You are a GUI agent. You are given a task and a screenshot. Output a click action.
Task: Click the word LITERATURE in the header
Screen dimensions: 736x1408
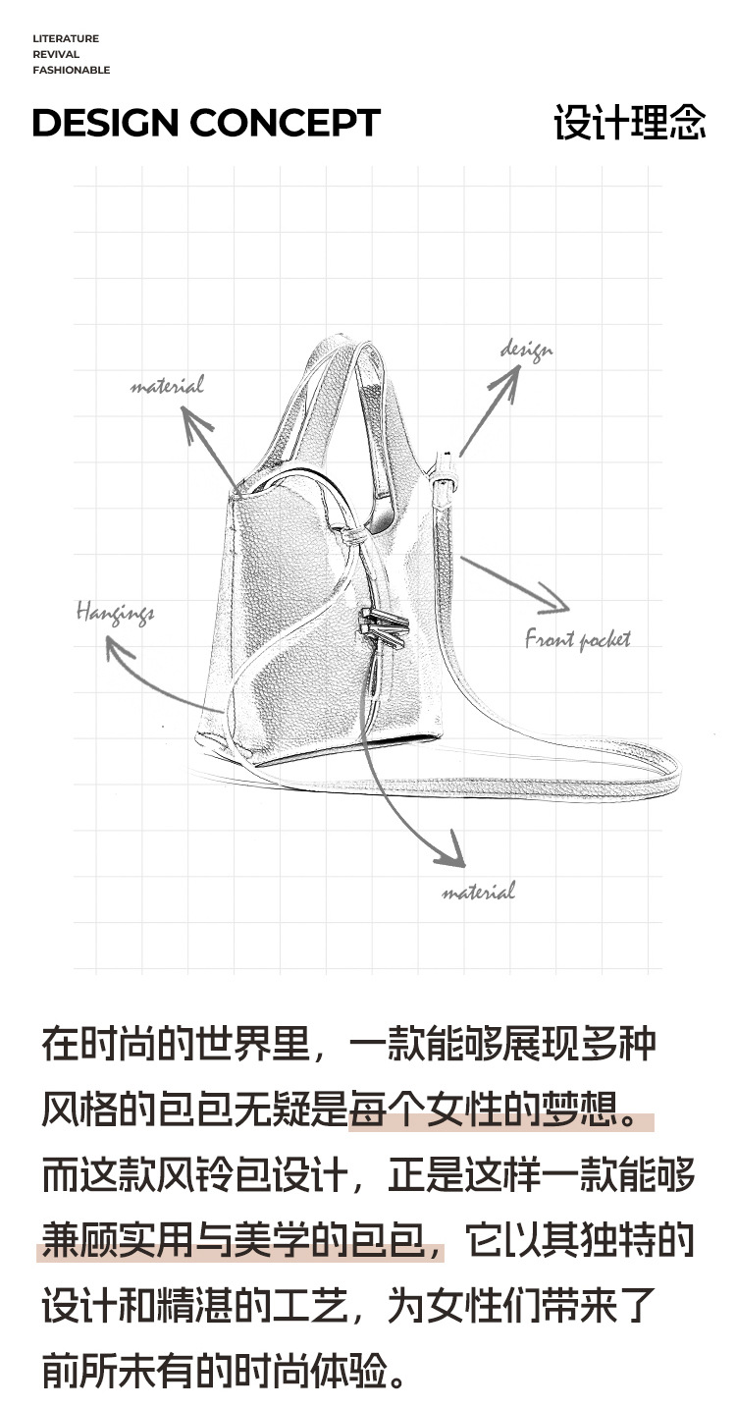click(x=66, y=39)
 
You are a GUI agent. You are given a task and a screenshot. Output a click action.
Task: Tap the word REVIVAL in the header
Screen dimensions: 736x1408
click(x=56, y=55)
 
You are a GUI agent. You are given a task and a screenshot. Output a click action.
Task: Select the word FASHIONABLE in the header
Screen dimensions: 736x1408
click(x=71, y=71)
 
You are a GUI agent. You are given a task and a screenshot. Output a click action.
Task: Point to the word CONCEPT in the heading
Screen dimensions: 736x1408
click(x=285, y=124)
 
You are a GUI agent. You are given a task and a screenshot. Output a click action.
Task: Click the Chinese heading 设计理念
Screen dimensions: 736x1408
click(x=629, y=124)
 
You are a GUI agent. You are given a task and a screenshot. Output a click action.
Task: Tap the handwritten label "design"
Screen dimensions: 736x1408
click(x=527, y=350)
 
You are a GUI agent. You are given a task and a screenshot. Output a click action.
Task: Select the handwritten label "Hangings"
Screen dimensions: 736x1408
click(x=116, y=614)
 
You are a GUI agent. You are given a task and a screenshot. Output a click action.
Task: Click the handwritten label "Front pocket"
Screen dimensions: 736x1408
click(x=578, y=640)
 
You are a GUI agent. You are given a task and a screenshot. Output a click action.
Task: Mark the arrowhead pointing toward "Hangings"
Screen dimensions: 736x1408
click(x=118, y=647)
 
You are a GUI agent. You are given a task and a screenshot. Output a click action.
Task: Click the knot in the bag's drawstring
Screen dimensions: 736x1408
click(x=352, y=537)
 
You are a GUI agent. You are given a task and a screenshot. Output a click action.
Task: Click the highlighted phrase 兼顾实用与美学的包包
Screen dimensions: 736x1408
click(x=240, y=1241)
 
